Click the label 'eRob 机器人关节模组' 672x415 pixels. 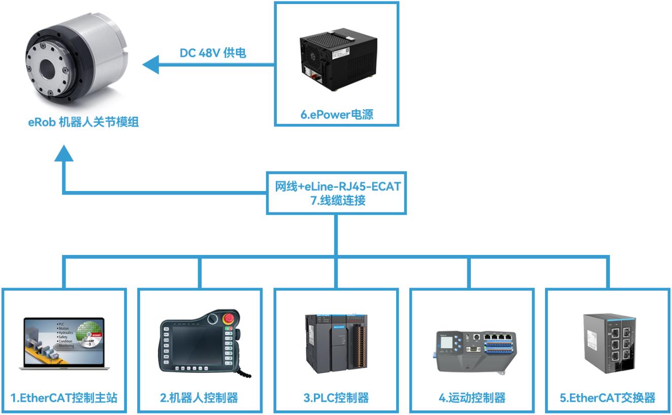click(83, 123)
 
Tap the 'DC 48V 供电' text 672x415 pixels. click(213, 53)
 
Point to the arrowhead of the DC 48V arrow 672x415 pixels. click(150, 65)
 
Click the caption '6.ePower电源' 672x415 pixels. click(336, 115)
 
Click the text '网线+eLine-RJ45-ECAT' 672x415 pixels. click(335, 186)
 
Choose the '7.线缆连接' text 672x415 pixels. click(335, 200)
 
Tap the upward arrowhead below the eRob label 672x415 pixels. click(63, 152)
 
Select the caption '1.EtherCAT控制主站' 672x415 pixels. click(64, 398)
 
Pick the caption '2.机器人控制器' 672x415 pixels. click(200, 398)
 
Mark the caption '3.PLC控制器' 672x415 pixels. click(336, 398)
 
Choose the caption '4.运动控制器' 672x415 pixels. click(472, 398)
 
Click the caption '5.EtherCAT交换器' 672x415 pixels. click(607, 398)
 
